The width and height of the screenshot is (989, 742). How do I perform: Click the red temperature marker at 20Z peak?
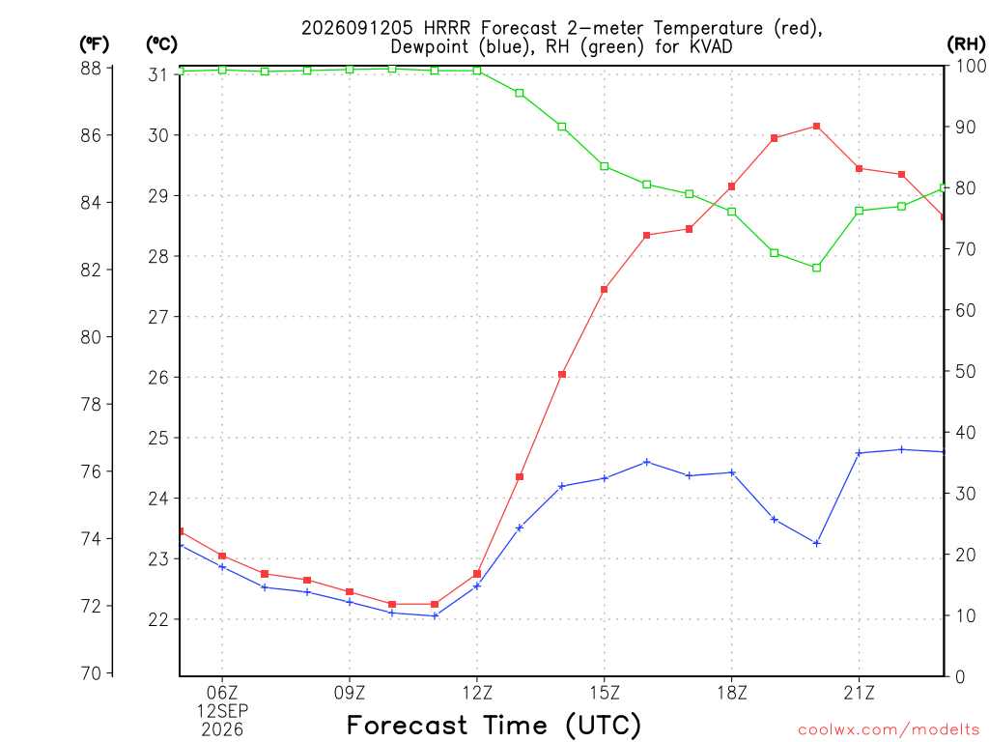pos(816,127)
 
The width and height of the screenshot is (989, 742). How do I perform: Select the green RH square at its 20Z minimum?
pos(816,269)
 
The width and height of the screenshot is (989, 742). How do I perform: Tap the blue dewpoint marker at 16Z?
pos(646,463)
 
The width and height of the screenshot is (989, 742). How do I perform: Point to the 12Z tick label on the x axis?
pos(477,693)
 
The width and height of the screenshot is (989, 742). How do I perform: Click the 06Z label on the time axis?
pos(222,693)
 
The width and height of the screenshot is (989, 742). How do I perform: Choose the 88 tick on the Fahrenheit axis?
pos(91,69)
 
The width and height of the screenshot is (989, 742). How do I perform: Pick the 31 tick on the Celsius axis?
pos(158,75)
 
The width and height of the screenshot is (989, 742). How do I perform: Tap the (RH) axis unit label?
pos(966,44)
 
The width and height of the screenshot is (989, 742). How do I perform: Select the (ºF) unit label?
pos(94,44)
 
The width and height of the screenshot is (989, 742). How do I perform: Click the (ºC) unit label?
pos(161,44)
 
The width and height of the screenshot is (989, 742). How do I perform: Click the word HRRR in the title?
pos(446,28)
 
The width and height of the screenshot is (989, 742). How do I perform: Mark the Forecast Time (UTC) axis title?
pos(494,725)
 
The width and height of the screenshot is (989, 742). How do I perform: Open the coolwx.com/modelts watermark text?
pos(889,730)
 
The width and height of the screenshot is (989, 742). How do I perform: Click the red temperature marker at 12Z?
pos(477,574)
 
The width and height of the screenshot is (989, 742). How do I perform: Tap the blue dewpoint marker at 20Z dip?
pos(816,543)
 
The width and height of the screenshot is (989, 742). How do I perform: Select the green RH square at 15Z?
pos(605,166)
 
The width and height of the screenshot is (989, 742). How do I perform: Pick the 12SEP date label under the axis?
pos(222,711)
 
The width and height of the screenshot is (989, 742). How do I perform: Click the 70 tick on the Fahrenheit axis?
pos(91,673)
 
